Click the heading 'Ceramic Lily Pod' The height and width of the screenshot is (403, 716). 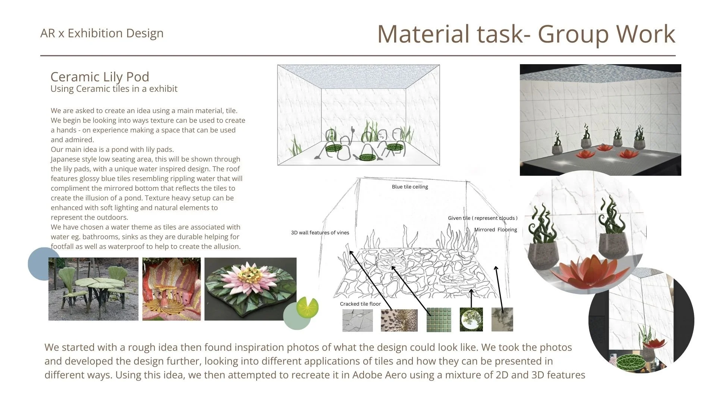(x=100, y=77)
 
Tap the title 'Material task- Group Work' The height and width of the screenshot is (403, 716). (x=526, y=34)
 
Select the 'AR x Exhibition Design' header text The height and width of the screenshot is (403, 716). (x=102, y=33)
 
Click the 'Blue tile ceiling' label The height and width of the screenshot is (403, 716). (x=410, y=187)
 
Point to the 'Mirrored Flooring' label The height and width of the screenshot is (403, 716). (x=496, y=230)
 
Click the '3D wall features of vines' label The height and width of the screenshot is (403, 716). (x=320, y=233)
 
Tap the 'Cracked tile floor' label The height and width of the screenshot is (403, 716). (x=360, y=304)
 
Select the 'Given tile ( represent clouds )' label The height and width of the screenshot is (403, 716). (x=483, y=218)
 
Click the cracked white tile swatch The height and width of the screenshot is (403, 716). (x=357, y=320)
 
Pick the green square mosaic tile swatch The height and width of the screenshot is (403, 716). (x=439, y=320)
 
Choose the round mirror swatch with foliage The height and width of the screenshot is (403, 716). (x=471, y=319)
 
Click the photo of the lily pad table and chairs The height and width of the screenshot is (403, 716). (x=93, y=289)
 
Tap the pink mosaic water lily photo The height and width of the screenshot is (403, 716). (x=250, y=289)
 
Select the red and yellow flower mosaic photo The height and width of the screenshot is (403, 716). (x=172, y=289)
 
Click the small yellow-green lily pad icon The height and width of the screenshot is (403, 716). (x=307, y=307)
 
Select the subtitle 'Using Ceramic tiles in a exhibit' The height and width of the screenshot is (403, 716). (x=114, y=89)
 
